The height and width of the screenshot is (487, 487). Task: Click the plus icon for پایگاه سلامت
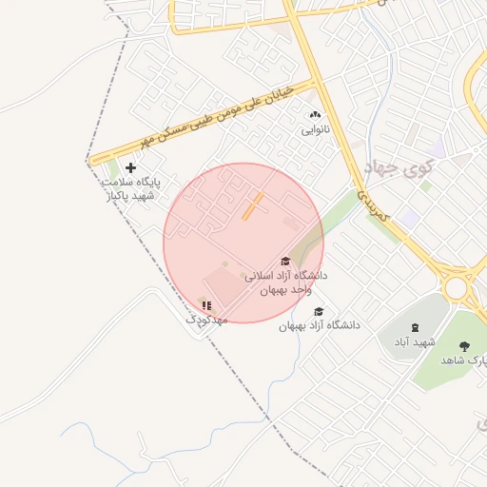click(130, 167)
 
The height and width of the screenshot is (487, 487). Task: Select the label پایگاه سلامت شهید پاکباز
click(130, 187)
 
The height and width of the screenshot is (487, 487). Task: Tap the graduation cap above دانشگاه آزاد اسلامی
click(284, 262)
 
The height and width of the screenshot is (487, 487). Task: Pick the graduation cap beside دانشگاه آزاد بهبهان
click(319, 311)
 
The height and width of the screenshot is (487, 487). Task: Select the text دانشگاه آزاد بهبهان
click(320, 325)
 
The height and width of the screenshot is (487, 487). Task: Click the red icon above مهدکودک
click(206, 305)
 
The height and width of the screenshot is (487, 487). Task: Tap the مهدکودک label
click(206, 321)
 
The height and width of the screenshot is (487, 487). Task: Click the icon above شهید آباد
click(415, 327)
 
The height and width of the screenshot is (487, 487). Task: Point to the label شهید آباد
click(415, 341)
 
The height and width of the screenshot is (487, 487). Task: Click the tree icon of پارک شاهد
click(464, 346)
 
